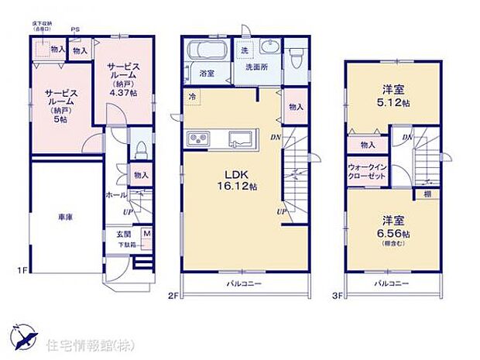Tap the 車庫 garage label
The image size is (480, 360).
click(x=65, y=219)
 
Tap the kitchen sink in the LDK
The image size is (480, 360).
click(x=243, y=139)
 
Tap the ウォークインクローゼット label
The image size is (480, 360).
click(x=365, y=171)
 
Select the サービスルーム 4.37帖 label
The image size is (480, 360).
click(x=122, y=78)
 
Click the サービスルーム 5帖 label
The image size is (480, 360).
click(x=60, y=103)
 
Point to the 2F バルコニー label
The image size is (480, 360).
click(x=245, y=284)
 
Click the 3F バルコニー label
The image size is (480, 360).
click(x=393, y=284)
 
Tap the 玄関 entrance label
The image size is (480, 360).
click(x=124, y=232)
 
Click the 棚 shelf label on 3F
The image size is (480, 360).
click(x=427, y=194)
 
